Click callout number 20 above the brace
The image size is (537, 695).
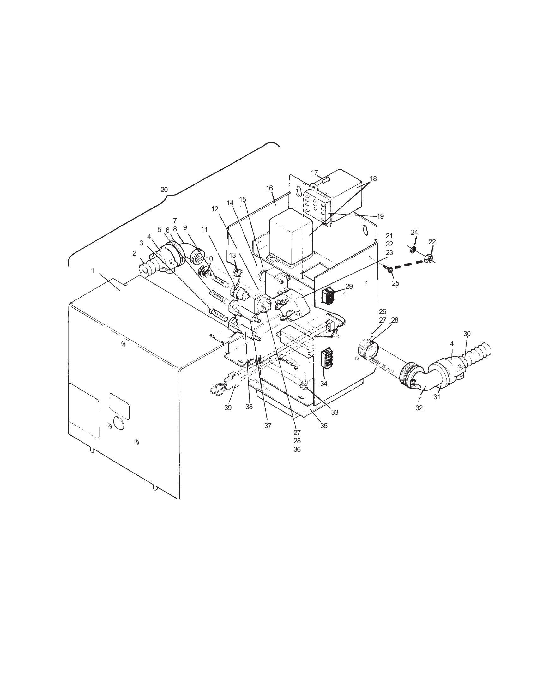coord(164,190)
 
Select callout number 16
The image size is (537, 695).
coord(269,188)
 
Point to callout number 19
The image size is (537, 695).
coord(381,216)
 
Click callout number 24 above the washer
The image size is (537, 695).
coord(414,233)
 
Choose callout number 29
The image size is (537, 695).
coord(349,287)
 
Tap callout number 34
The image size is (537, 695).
coord(323,384)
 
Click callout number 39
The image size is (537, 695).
coord(228,408)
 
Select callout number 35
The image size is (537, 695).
coord(323,426)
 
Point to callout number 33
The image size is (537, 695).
coord(334,412)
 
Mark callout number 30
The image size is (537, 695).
coord(467,334)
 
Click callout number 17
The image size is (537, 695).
coord(314,173)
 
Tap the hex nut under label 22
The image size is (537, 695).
coord(428,260)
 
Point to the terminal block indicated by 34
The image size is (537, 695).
coord(326,358)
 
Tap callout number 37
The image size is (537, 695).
coord(268,426)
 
